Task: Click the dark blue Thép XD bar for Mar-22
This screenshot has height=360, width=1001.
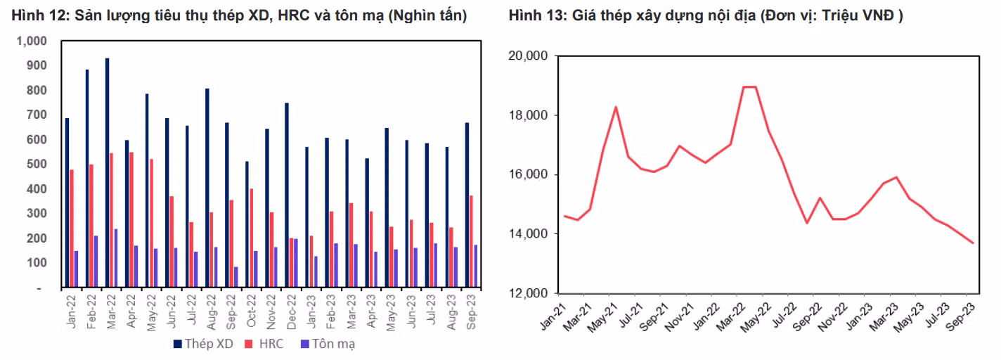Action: [107, 173]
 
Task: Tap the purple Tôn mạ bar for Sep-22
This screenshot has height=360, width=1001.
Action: [235, 277]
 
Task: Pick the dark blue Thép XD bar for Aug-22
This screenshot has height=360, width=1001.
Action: [207, 188]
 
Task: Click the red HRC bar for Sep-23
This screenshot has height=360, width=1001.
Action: [470, 241]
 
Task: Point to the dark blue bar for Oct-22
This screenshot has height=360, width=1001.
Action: [247, 224]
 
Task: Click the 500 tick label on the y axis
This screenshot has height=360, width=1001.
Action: [34, 165]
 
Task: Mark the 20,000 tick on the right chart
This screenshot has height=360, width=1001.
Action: [527, 56]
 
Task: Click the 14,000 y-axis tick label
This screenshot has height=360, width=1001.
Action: [527, 234]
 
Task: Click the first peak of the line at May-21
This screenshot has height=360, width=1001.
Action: [616, 107]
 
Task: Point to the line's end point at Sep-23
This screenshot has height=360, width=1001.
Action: [973, 243]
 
